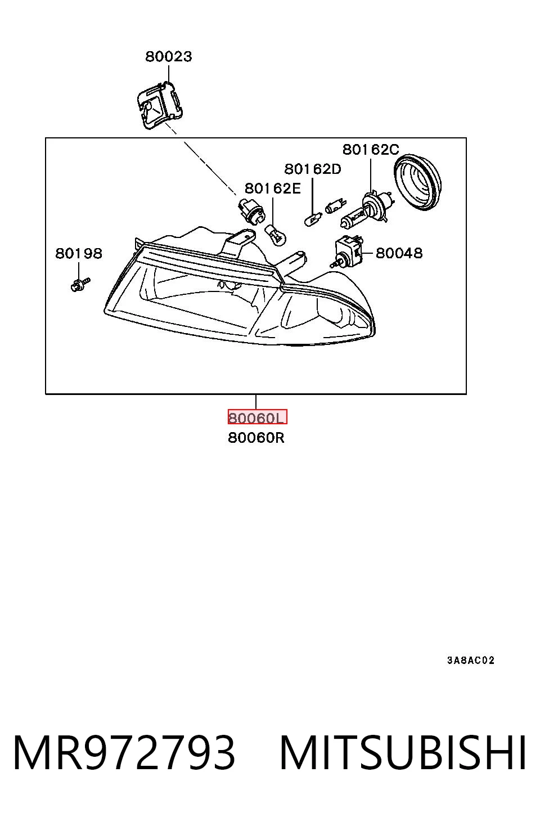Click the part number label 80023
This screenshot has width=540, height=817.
(168, 56)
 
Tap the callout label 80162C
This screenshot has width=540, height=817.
(371, 150)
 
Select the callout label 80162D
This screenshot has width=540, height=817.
(313, 169)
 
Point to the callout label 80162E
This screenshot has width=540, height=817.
(273, 188)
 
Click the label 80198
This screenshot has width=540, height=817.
(79, 253)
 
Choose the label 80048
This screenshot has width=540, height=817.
(399, 253)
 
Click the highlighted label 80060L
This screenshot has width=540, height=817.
(258, 417)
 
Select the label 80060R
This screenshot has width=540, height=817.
(256, 438)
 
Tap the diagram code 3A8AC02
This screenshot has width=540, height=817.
(471, 660)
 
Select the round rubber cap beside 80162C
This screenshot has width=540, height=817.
(418, 182)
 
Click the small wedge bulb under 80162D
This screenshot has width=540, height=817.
(313, 220)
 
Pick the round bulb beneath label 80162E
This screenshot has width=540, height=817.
(275, 235)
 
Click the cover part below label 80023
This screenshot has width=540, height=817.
(160, 105)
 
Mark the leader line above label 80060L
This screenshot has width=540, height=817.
(256, 402)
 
